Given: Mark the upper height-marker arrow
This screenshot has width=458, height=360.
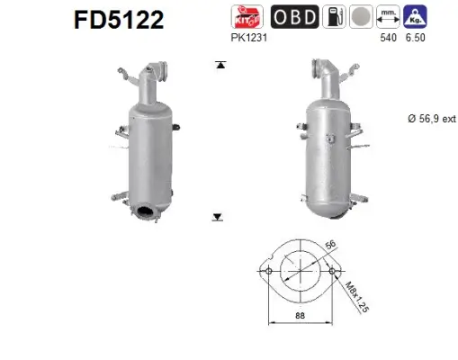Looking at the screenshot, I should (218, 66).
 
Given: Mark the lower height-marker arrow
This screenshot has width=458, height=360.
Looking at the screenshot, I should (218, 217).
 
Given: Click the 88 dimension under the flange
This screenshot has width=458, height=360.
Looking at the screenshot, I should (301, 316).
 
